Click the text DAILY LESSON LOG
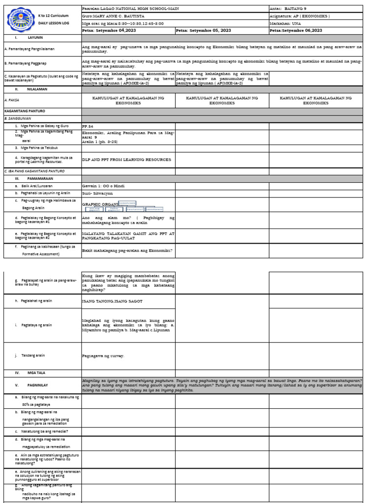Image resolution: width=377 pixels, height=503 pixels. [x=53, y=24]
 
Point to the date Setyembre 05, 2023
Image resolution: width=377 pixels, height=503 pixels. [x=203, y=30]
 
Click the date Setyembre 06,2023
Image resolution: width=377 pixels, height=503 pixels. [x=296, y=30]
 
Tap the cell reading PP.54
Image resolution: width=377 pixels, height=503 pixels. [x=87, y=126]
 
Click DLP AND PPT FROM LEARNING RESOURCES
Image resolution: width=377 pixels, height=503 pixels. [x=127, y=160]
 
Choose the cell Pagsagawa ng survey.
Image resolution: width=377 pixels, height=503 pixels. [x=103, y=355]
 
